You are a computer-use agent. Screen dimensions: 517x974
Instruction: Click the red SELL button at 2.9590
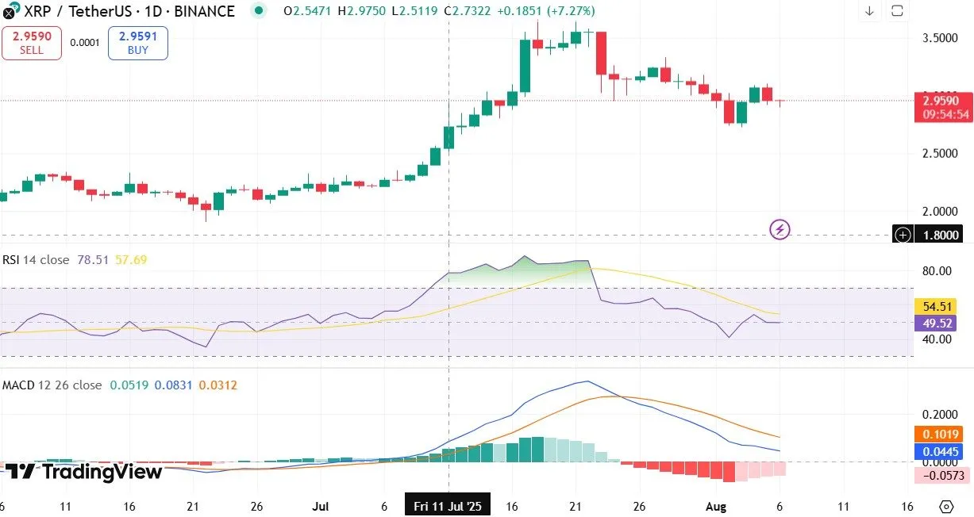[31, 43]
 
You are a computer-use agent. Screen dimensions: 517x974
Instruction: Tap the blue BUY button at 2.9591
[138, 43]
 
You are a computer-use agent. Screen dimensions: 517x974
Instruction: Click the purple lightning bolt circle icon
[780, 230]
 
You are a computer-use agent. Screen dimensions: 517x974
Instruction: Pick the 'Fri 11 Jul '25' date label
[448, 506]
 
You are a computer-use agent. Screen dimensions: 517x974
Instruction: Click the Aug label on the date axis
[716, 506]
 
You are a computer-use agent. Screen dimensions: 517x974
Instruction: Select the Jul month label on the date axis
[321, 506]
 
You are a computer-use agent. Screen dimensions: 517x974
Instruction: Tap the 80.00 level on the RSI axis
[937, 270]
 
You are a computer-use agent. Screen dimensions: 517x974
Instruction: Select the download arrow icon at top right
[869, 11]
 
